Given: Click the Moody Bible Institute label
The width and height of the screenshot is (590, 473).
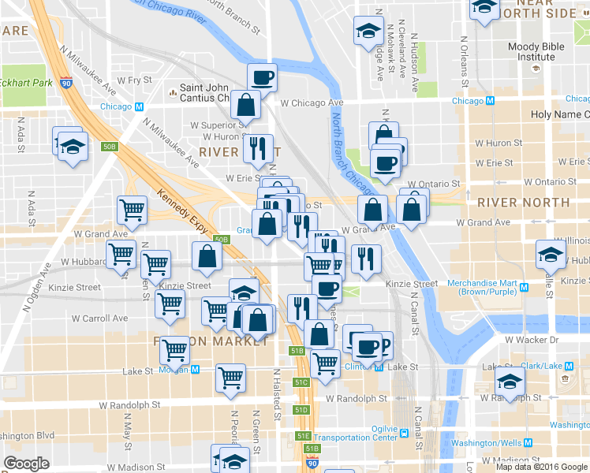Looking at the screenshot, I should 536,52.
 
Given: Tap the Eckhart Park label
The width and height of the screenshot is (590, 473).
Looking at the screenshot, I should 26,83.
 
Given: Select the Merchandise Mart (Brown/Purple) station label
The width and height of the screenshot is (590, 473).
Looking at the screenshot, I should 492,288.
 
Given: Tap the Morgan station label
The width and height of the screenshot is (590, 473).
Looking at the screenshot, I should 174,369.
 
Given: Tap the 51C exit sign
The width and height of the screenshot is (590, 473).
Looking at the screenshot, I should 301,382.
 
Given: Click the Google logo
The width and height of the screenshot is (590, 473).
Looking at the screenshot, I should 26,464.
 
